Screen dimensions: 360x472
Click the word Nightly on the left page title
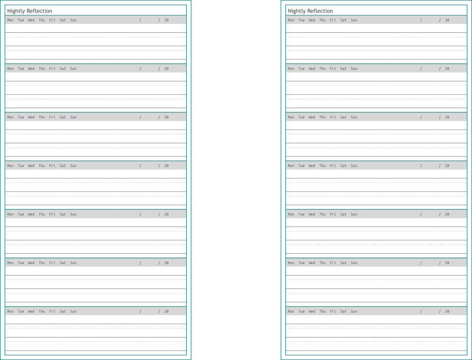[16, 11]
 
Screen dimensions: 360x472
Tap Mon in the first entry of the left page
[10, 20]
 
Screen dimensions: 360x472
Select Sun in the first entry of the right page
[354, 20]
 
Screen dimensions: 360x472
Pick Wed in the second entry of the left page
[31, 69]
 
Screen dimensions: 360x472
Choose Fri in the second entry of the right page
[333, 69]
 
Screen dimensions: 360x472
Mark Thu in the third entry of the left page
[42, 118]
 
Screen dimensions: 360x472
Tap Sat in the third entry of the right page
[343, 118]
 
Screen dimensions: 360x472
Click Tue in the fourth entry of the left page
[21, 166]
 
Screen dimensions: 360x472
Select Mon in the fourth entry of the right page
[291, 166]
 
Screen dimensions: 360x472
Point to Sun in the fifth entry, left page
[73, 214]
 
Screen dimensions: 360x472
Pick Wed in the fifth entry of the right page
[312, 214]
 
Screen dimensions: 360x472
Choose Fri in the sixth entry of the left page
[52, 263]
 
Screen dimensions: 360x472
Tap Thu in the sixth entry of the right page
[323, 263]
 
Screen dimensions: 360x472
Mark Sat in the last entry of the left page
[63, 312]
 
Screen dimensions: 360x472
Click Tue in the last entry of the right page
[302, 312]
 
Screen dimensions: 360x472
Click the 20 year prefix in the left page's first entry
[167, 20]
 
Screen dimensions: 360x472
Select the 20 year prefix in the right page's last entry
[447, 312]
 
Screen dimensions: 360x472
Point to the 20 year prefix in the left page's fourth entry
[167, 166]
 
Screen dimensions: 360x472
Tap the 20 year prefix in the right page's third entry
[447, 118]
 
